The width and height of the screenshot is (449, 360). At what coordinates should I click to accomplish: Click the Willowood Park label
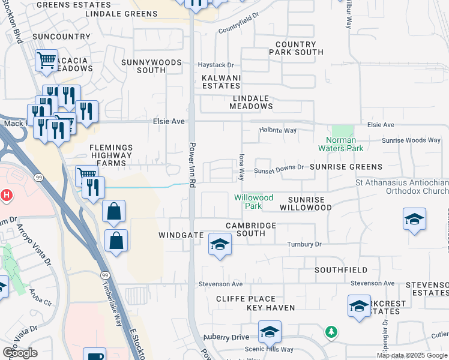(253, 202)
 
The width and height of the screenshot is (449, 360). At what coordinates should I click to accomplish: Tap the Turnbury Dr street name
(304, 244)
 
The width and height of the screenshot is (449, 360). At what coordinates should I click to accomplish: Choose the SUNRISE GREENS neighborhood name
(346, 167)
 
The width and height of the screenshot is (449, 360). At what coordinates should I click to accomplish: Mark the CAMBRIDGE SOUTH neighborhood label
(250, 230)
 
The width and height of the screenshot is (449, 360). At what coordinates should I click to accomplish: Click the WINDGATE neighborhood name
(181, 235)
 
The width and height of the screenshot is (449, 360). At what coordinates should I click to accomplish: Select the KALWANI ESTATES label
(221, 82)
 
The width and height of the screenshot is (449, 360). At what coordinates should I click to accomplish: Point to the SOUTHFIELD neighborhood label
(340, 270)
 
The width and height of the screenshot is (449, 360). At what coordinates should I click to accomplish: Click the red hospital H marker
(7, 195)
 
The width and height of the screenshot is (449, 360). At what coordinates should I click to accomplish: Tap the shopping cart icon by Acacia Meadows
(46, 60)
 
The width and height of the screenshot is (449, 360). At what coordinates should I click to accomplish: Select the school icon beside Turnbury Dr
(220, 244)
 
